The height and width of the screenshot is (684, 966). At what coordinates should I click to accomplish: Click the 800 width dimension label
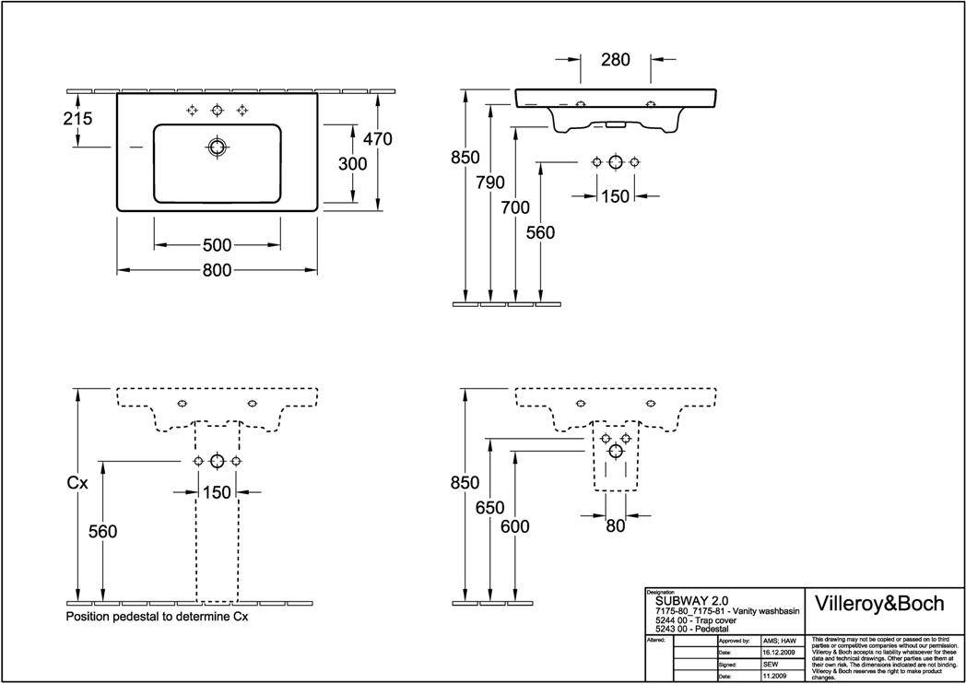(x=217, y=270)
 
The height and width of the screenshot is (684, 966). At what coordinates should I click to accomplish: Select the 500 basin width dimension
(x=217, y=245)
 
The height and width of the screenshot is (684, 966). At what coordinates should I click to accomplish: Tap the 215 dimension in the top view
(x=78, y=119)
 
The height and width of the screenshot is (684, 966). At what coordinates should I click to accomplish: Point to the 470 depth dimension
(x=378, y=139)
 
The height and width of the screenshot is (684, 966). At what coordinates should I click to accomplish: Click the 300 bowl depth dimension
(x=352, y=164)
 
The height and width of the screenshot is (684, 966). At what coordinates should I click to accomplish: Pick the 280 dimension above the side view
(x=615, y=61)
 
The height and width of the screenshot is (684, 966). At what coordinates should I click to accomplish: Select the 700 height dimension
(x=515, y=208)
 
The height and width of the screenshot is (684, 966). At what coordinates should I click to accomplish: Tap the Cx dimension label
(x=77, y=482)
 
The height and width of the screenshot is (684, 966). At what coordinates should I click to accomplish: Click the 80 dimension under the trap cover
(x=615, y=525)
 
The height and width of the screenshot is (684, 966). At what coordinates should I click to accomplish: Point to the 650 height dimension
(x=490, y=508)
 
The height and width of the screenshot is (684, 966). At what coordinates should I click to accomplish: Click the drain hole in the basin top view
(x=217, y=147)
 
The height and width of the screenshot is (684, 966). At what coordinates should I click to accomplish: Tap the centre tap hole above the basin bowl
(x=217, y=111)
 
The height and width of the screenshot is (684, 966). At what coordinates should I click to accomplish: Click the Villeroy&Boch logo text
(x=882, y=604)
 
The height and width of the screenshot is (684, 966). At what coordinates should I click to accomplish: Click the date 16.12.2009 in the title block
(x=779, y=652)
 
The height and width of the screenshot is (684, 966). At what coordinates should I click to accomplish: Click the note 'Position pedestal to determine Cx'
(x=157, y=616)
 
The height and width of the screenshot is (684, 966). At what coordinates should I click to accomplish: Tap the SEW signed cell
(x=771, y=664)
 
